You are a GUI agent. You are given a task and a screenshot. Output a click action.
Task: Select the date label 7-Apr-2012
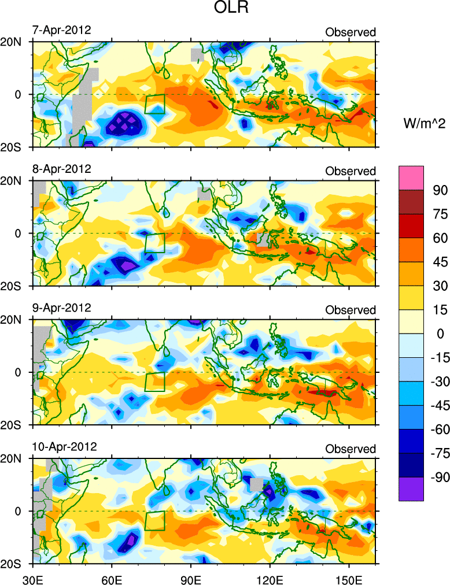click(x=61, y=30)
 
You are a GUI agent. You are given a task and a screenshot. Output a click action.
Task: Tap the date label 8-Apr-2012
click(x=61, y=169)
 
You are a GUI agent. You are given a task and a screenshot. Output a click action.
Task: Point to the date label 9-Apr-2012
click(x=61, y=308)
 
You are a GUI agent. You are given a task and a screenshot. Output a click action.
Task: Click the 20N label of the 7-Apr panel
click(x=15, y=42)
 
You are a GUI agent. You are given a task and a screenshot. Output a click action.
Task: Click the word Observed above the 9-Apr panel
click(x=351, y=310)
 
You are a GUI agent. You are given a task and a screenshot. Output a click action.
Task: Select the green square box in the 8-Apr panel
click(x=154, y=243)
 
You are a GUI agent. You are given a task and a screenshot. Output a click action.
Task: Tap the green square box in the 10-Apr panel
click(x=154, y=520)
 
